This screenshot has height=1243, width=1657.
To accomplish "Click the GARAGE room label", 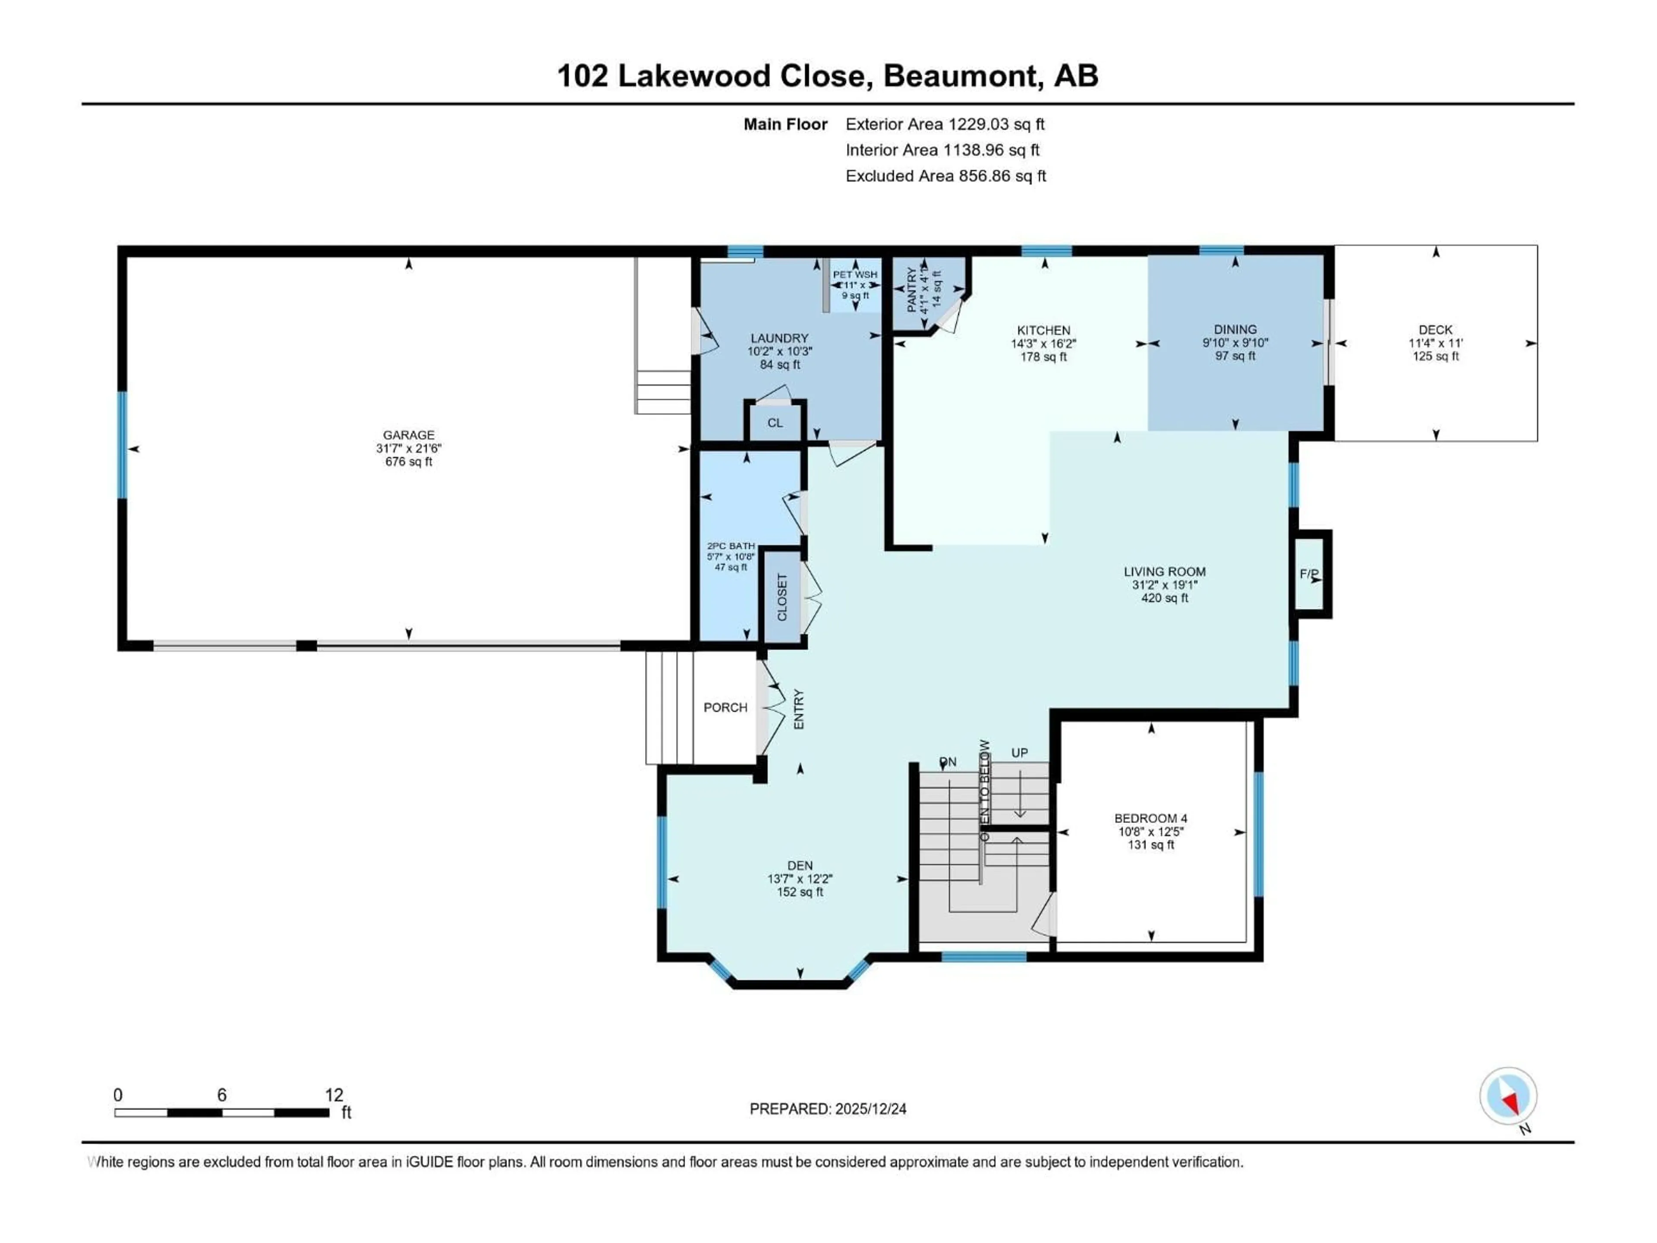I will [408, 435].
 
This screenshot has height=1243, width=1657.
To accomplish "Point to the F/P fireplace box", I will [1310, 574].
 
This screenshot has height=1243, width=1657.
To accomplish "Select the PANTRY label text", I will [912, 291].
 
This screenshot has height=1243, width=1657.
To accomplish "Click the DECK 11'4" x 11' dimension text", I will [1435, 343].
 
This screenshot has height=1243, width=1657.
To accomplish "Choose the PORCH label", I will [725, 707].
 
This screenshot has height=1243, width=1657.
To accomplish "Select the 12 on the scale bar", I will [334, 1095].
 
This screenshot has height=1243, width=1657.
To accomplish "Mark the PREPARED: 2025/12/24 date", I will [828, 1109].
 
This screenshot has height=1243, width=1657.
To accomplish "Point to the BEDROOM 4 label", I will [1150, 818].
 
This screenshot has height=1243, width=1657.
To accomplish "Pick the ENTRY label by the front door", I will [799, 710].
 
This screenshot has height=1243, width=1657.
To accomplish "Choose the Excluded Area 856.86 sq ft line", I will [945, 176].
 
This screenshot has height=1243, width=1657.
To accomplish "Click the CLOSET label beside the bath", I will [782, 597].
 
